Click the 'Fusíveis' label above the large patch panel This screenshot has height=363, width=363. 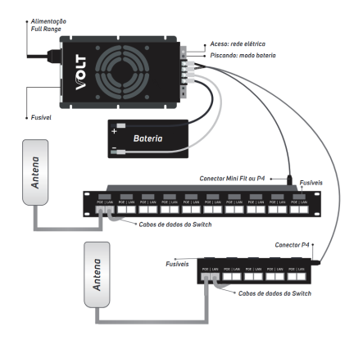[x=314, y=183]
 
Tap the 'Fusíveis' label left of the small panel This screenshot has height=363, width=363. [x=177, y=264]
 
